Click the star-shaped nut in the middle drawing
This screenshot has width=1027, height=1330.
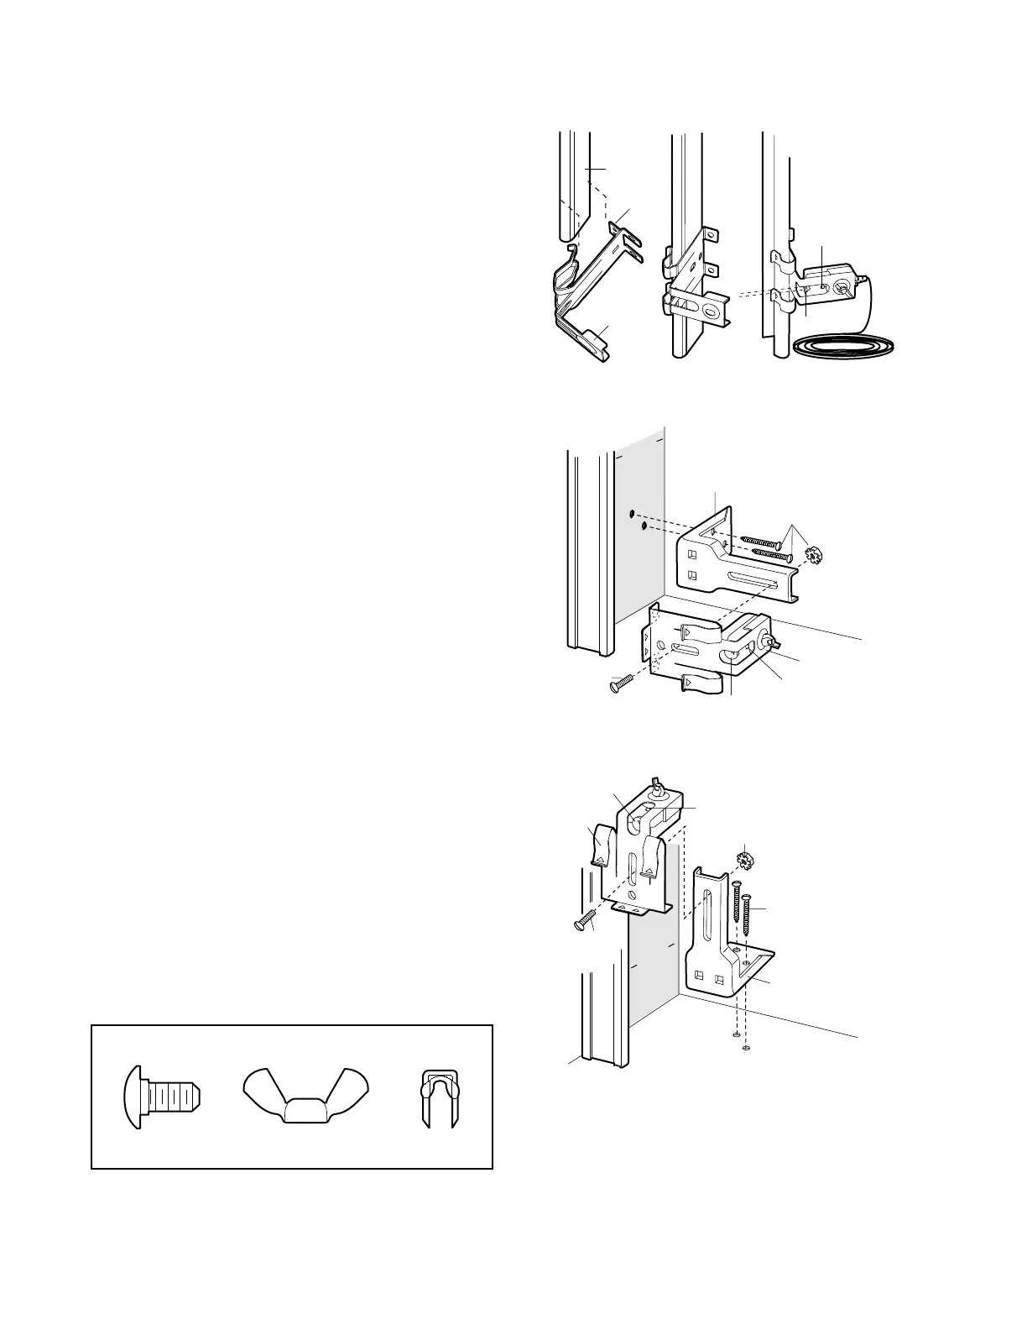pos(812,556)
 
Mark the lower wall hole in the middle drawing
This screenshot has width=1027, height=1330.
pos(644,526)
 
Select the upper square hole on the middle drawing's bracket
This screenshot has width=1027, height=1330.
pos(693,554)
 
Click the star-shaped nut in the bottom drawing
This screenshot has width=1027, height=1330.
pos(743,861)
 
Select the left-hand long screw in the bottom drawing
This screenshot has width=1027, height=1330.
pos(735,903)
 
